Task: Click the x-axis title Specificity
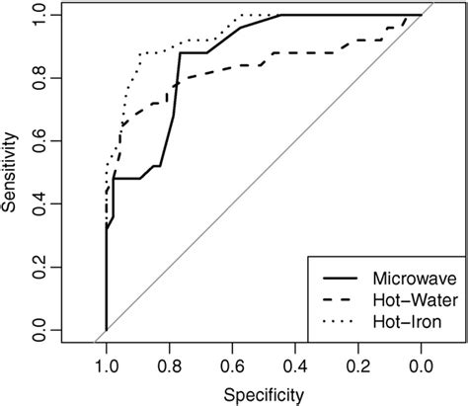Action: pyautogui.click(x=264, y=393)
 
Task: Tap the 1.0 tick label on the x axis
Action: pyautogui.click(x=106, y=365)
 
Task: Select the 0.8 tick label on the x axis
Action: pyautogui.click(x=169, y=365)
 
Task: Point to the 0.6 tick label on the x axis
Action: pyautogui.click(x=232, y=365)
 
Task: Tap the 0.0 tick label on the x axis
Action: pyautogui.click(x=422, y=365)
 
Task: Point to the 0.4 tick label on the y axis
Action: pyautogui.click(x=39, y=204)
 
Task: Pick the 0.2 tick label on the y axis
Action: pyautogui.click(x=39, y=267)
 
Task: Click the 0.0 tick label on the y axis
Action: pyautogui.click(x=39, y=330)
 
